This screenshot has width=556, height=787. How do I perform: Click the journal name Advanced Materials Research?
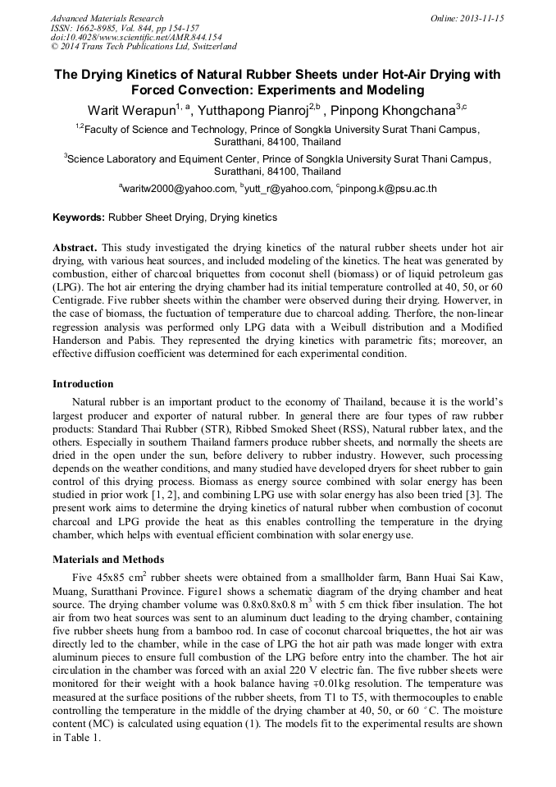tap(107, 18)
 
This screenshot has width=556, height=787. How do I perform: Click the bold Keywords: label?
tap(79, 217)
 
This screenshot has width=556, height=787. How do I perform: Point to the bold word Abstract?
tap(75, 247)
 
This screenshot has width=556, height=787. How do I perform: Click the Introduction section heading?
tap(83, 383)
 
